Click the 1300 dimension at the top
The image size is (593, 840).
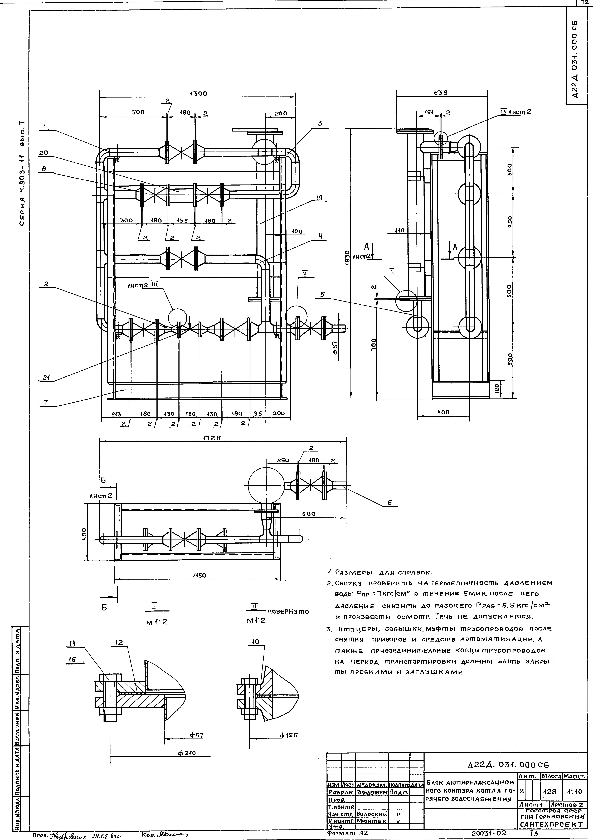198,94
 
